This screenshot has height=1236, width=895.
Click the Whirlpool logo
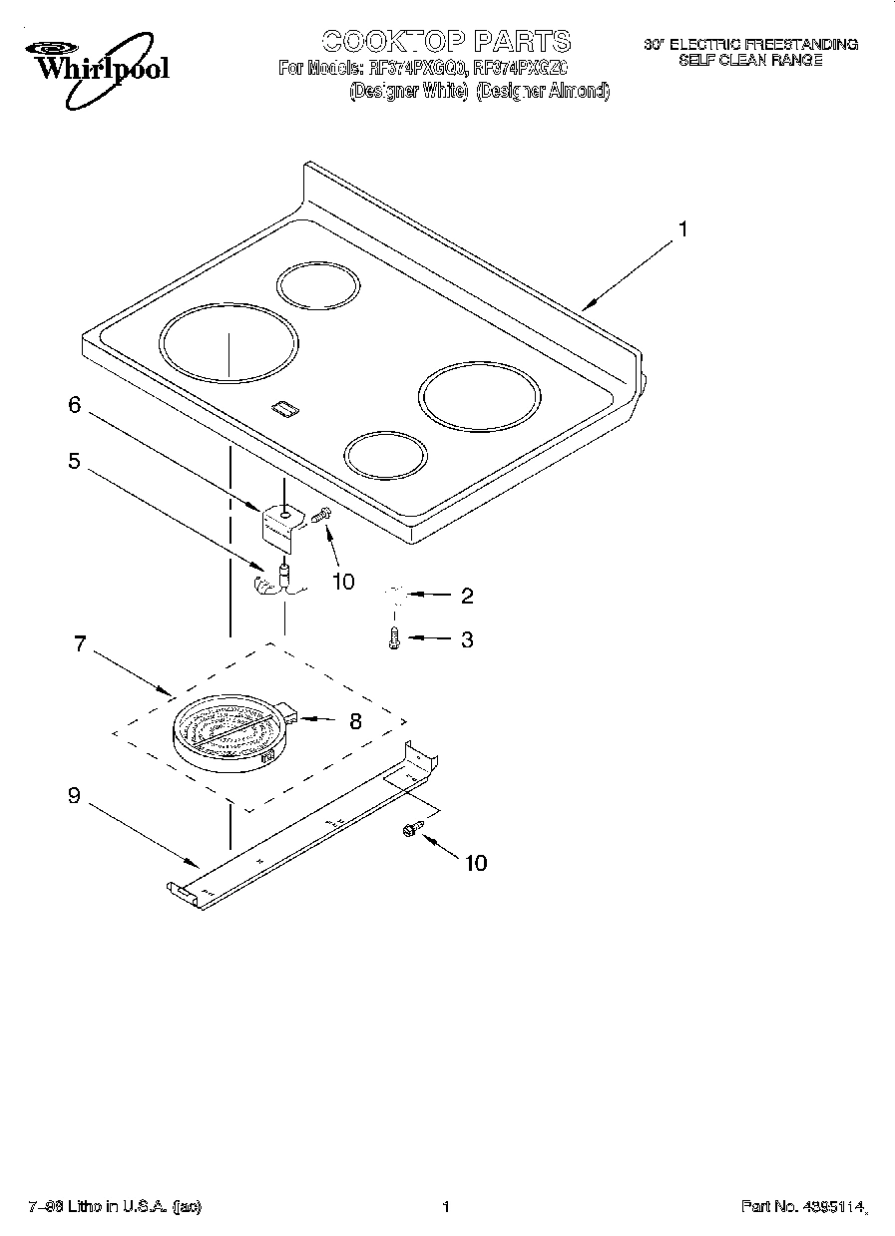tap(95, 66)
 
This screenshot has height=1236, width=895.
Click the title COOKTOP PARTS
tap(446, 41)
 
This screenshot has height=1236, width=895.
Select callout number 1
tap(682, 230)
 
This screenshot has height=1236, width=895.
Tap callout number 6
tap(74, 405)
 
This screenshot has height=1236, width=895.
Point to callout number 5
tap(74, 462)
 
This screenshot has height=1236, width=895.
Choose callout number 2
tap(466, 597)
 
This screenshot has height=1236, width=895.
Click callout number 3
tap(466, 639)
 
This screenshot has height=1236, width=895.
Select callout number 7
tap(81, 643)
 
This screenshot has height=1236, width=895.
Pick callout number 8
tap(355, 720)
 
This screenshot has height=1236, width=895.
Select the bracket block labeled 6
tap(281, 526)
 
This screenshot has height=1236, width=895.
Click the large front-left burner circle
tap(227, 343)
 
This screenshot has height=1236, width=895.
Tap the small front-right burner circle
tap(386, 455)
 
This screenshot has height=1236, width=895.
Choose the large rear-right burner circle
tap(479, 398)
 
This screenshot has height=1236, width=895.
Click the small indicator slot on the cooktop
tap(283, 407)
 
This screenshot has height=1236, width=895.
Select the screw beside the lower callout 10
tap(410, 830)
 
